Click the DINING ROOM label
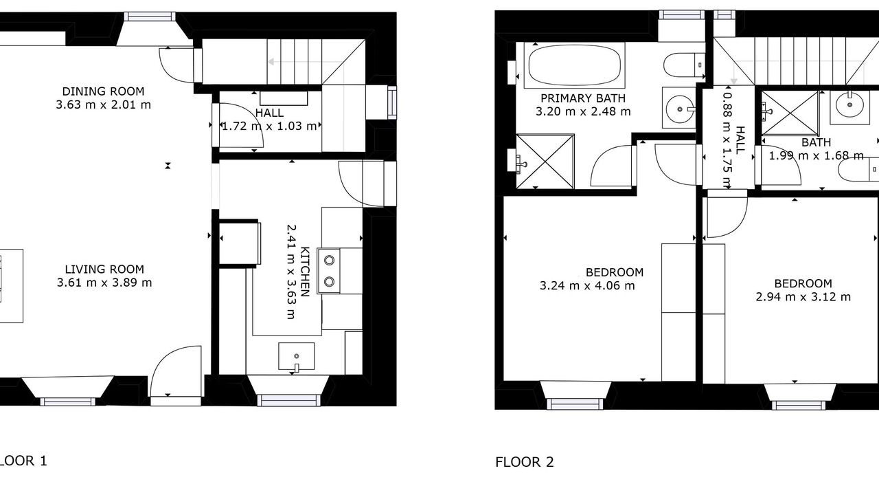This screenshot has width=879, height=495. pos(103,91)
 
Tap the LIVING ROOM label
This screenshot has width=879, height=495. pos(104,269)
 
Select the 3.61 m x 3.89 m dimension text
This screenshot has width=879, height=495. pos(104,283)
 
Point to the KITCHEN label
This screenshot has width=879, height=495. pos(305,272)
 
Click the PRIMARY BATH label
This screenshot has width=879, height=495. pos(583,98)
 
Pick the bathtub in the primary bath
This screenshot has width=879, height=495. pos(575,65)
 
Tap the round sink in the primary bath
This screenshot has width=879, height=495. pos(680,108)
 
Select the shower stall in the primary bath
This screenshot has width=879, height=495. pos(545,162)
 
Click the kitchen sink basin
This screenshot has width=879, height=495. pos(296,356)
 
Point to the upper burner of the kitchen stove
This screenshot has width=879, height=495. pos(329,260)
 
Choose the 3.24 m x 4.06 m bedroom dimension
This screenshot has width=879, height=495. pos(587,285)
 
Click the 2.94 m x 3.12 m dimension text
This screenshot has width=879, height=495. pos(803,296)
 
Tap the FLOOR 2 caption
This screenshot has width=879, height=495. pos(524,462)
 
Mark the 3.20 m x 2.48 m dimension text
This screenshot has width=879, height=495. pos(583,111)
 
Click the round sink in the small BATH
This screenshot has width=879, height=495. pos(849,105)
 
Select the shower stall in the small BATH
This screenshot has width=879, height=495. pos(790,113)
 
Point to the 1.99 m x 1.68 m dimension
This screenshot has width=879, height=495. pos(817,156)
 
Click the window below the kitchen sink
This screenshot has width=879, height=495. pos(289,401)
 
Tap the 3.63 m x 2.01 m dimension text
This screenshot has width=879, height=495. pos(103,105)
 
